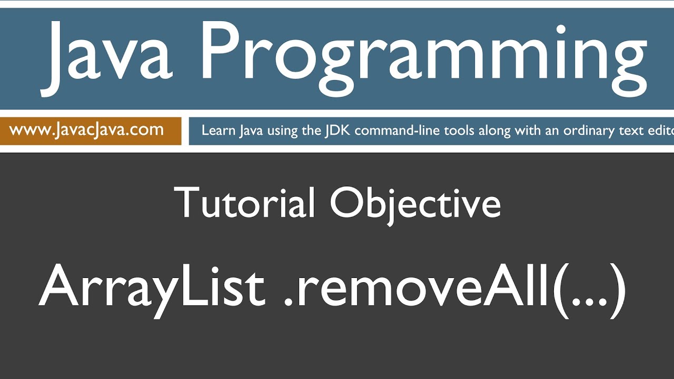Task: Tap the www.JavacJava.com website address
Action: (x=86, y=130)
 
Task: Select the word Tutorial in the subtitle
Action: (x=244, y=203)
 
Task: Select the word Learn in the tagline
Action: (x=219, y=131)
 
